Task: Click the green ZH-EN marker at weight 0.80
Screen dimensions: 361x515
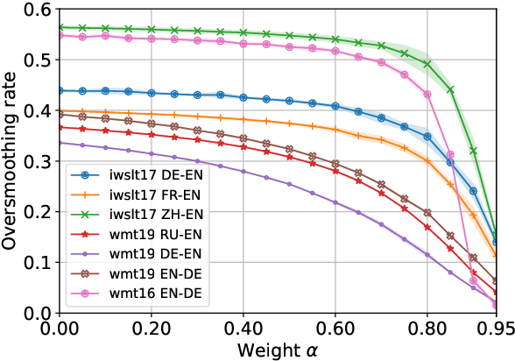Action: pyautogui.click(x=427, y=64)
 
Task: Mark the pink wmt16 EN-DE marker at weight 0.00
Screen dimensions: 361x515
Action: pyautogui.click(x=60, y=36)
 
